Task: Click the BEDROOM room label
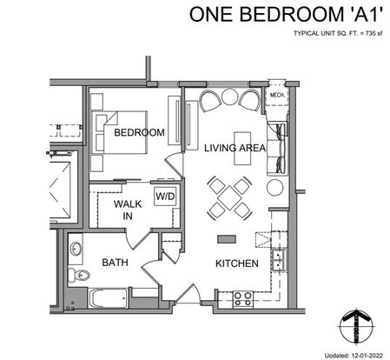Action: (x=139, y=132)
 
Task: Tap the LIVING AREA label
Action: (x=235, y=148)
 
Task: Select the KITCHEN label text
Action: (x=237, y=263)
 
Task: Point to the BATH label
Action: (x=115, y=263)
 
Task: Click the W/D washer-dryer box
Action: (x=165, y=197)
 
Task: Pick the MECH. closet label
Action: (x=278, y=95)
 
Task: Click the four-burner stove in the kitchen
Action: (x=243, y=299)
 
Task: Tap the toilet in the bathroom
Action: (x=79, y=275)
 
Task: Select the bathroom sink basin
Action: (x=76, y=249)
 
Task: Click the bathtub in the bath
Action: (x=109, y=298)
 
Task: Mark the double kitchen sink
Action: (x=279, y=260)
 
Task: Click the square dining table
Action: (x=229, y=198)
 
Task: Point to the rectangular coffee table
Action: (x=242, y=149)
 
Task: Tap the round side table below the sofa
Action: (x=274, y=187)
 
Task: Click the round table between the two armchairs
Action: (x=229, y=97)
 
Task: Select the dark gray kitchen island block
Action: (x=227, y=239)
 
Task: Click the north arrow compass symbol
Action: (x=356, y=327)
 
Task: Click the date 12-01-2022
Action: (x=367, y=356)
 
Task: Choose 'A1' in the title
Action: (x=365, y=14)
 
